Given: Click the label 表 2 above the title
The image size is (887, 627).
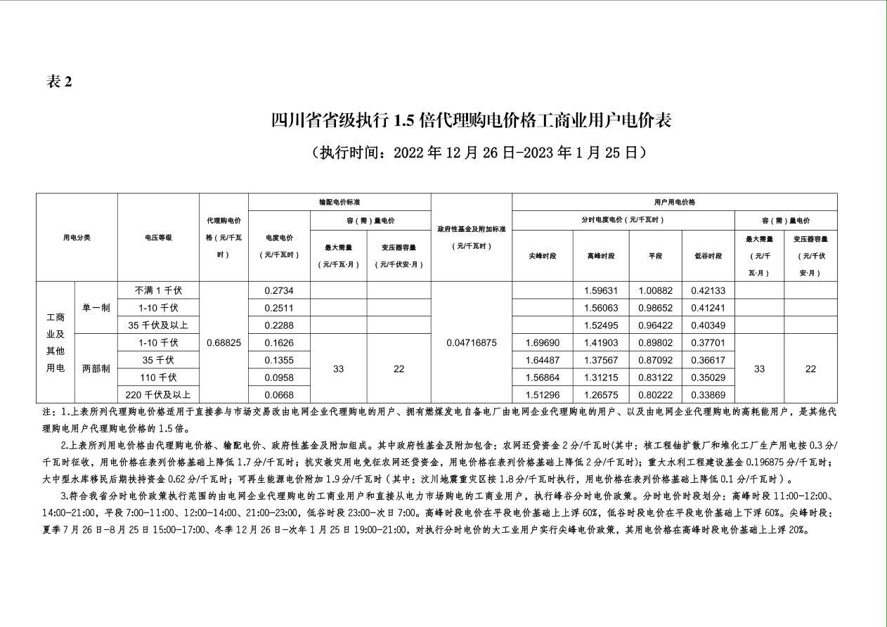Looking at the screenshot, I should pyautogui.click(x=60, y=82).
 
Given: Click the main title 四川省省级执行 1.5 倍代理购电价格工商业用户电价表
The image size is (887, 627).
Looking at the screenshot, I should pyautogui.click(x=472, y=120).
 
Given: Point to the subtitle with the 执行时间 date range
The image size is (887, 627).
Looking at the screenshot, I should pyautogui.click(x=478, y=152).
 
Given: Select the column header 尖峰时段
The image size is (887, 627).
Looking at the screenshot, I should pyautogui.click(x=542, y=256).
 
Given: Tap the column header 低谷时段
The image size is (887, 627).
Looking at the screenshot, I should pyautogui.click(x=708, y=256).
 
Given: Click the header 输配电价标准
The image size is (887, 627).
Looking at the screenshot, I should pyautogui.click(x=339, y=202).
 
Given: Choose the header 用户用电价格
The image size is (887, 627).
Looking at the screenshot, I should pyautogui.click(x=674, y=202).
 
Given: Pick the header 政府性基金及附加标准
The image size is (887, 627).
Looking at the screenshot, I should pyautogui.click(x=472, y=237).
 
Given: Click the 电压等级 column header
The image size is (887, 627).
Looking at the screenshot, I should pyautogui.click(x=158, y=238).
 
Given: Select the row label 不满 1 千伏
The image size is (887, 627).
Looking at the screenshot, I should pyautogui.click(x=158, y=290).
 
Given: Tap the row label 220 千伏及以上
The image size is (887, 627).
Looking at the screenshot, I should pyautogui.click(x=158, y=394).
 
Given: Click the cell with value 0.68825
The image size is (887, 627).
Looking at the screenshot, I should pyautogui.click(x=224, y=342).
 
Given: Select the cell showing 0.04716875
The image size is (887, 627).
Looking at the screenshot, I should pyautogui.click(x=472, y=342).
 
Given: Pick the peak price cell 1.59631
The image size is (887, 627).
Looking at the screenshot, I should pyautogui.click(x=601, y=290).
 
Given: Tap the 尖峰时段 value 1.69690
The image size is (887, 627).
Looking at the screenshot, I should pyautogui.click(x=542, y=342).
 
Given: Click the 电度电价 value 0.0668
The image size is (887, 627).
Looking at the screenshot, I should pyautogui.click(x=279, y=394).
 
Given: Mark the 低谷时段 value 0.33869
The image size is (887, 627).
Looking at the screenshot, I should pyautogui.click(x=708, y=394).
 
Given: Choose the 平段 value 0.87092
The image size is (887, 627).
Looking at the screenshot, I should pyautogui.click(x=655, y=360).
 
